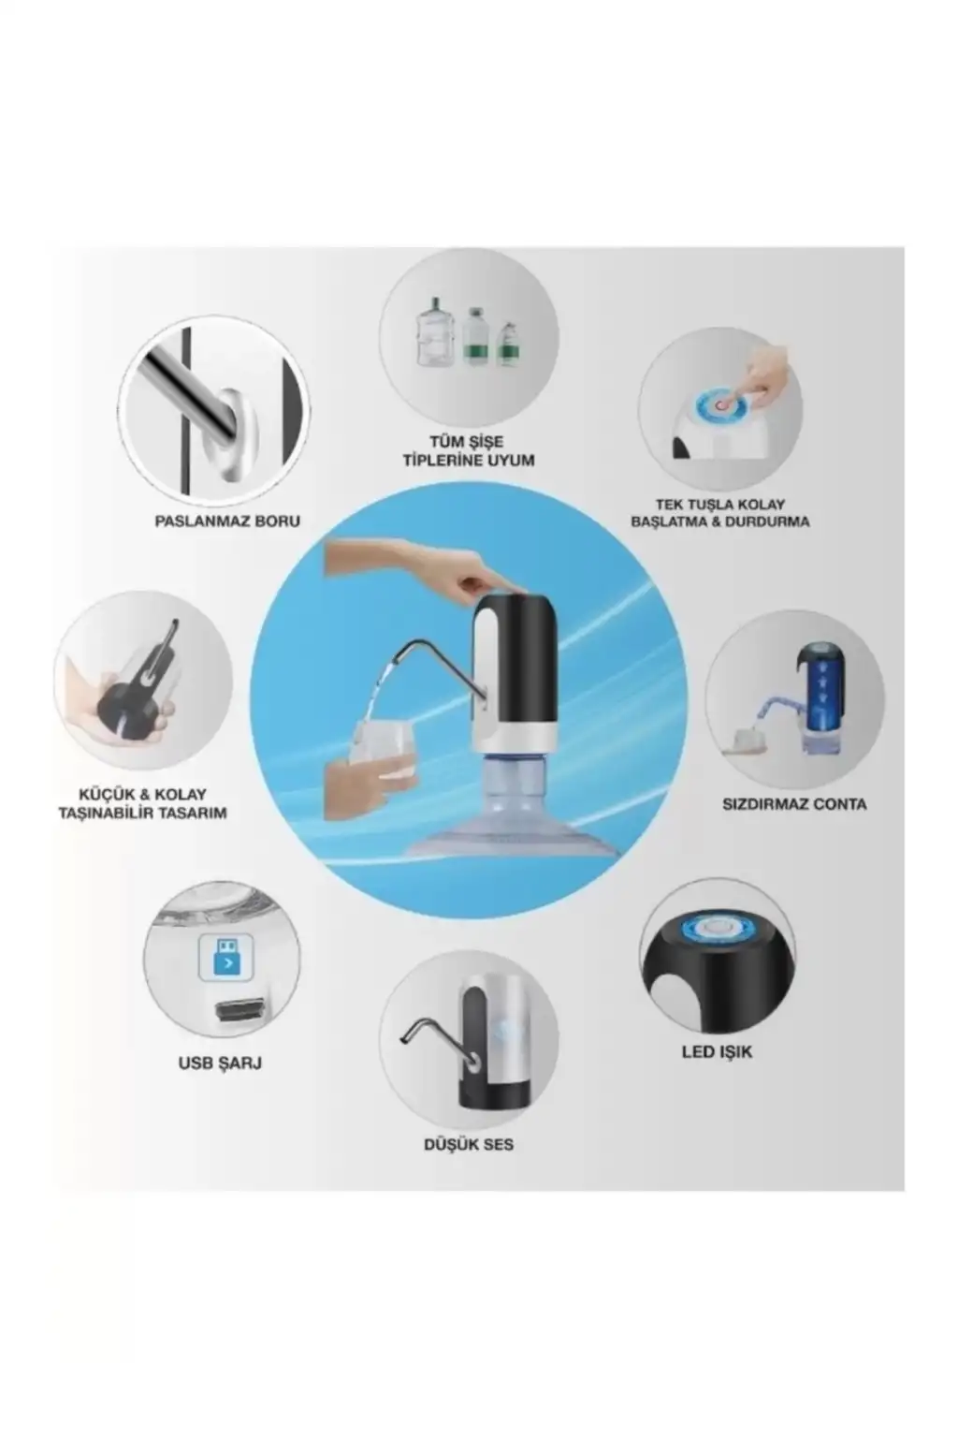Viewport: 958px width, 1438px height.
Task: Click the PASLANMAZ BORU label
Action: (227, 521)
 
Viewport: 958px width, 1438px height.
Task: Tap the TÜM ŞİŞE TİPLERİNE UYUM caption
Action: (469, 451)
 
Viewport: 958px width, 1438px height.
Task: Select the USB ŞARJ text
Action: (220, 1064)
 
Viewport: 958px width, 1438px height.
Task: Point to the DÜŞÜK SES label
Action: (469, 1145)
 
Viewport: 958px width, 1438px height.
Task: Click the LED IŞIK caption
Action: (717, 1052)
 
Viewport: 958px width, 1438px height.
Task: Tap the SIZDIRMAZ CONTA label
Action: (794, 804)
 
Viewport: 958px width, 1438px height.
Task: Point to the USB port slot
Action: (240, 1010)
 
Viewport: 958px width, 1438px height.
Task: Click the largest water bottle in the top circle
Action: (436, 332)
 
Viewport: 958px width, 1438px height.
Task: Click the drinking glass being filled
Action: (383, 749)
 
